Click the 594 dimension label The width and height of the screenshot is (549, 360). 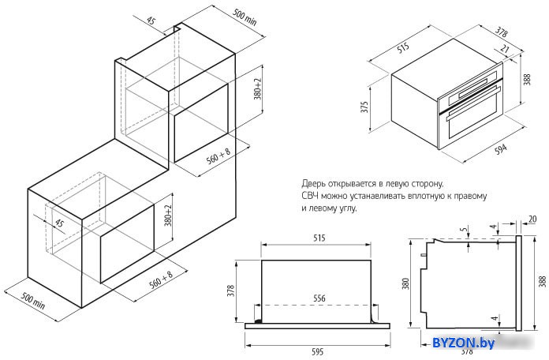click(x=501, y=149)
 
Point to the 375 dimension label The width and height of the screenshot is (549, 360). click(x=364, y=107)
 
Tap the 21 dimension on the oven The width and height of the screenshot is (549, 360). click(x=504, y=48)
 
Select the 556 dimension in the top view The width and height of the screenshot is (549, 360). click(x=319, y=298)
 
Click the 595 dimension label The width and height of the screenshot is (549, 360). click(x=317, y=351)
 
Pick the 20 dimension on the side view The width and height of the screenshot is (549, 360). click(x=532, y=219)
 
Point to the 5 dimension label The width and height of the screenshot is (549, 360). click(x=464, y=230)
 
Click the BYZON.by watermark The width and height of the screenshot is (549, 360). click(x=463, y=343)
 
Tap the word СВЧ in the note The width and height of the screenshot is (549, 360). click(x=309, y=196)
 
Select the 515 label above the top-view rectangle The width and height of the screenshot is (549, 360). click(x=319, y=238)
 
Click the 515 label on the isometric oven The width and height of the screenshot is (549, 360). click(x=403, y=47)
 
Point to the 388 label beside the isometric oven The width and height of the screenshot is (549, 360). click(x=527, y=79)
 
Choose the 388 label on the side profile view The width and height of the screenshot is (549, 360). click(x=543, y=282)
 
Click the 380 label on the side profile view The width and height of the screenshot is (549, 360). click(x=405, y=283)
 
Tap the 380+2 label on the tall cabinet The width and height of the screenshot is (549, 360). click(x=258, y=88)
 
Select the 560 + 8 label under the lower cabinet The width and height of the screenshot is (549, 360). click(x=161, y=279)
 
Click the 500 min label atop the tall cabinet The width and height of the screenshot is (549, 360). click(x=245, y=17)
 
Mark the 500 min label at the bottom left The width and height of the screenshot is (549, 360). click(x=33, y=301)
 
